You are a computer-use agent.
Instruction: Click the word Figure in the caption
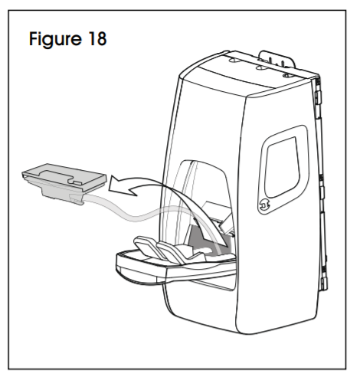tap(55, 39)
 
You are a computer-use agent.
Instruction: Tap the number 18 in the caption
tap(97, 39)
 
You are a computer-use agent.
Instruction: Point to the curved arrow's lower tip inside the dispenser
tap(226, 246)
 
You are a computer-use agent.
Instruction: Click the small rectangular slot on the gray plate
tap(77, 182)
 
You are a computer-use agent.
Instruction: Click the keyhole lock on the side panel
tap(264, 205)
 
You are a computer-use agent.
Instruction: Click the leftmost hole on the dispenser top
tap(233, 61)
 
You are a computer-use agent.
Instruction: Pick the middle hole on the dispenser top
tap(260, 67)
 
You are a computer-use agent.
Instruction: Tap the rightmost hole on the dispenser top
tap(286, 75)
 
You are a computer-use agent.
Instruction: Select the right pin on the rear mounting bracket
tap(283, 64)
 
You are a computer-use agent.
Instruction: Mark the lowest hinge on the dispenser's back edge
tap(324, 283)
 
